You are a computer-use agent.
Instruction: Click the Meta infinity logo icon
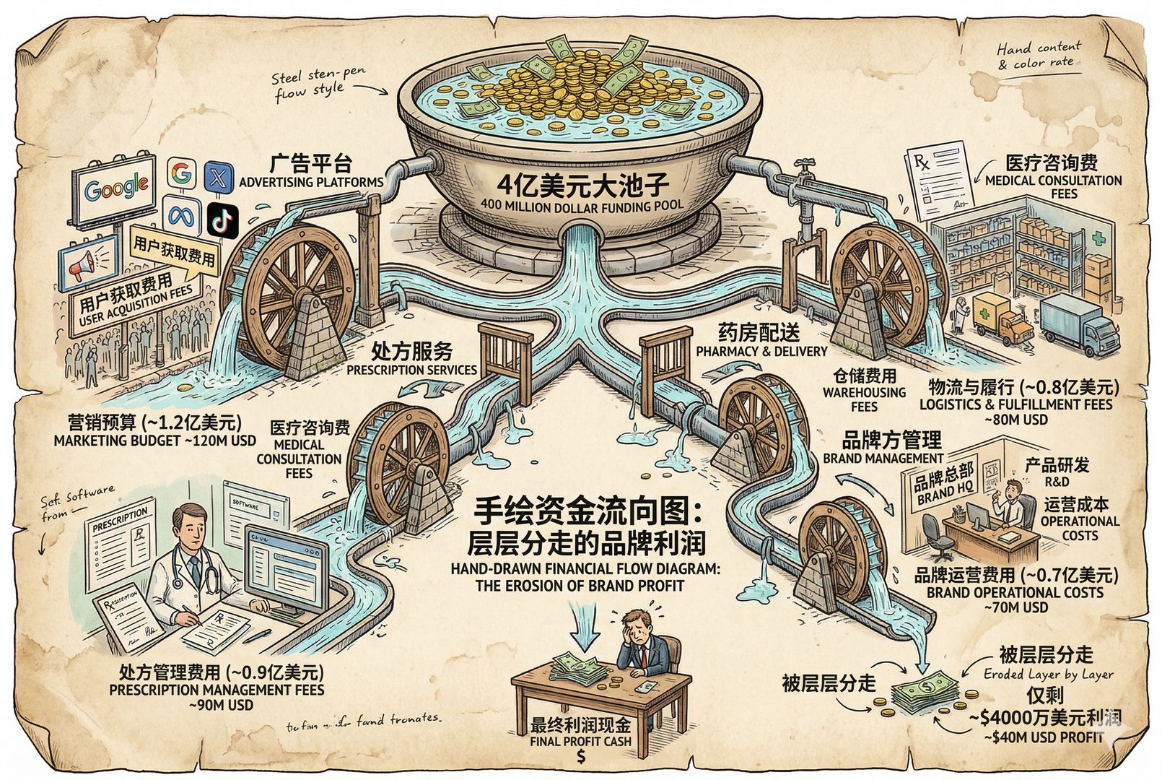point(182,214)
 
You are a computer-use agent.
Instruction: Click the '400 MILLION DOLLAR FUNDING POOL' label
point(581,205)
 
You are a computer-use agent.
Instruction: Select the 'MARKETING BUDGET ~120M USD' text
point(154,440)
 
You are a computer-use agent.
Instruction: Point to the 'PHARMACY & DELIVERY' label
point(761,351)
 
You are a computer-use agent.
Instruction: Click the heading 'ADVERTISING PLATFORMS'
point(310,182)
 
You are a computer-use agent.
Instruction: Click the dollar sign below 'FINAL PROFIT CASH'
point(580,756)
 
